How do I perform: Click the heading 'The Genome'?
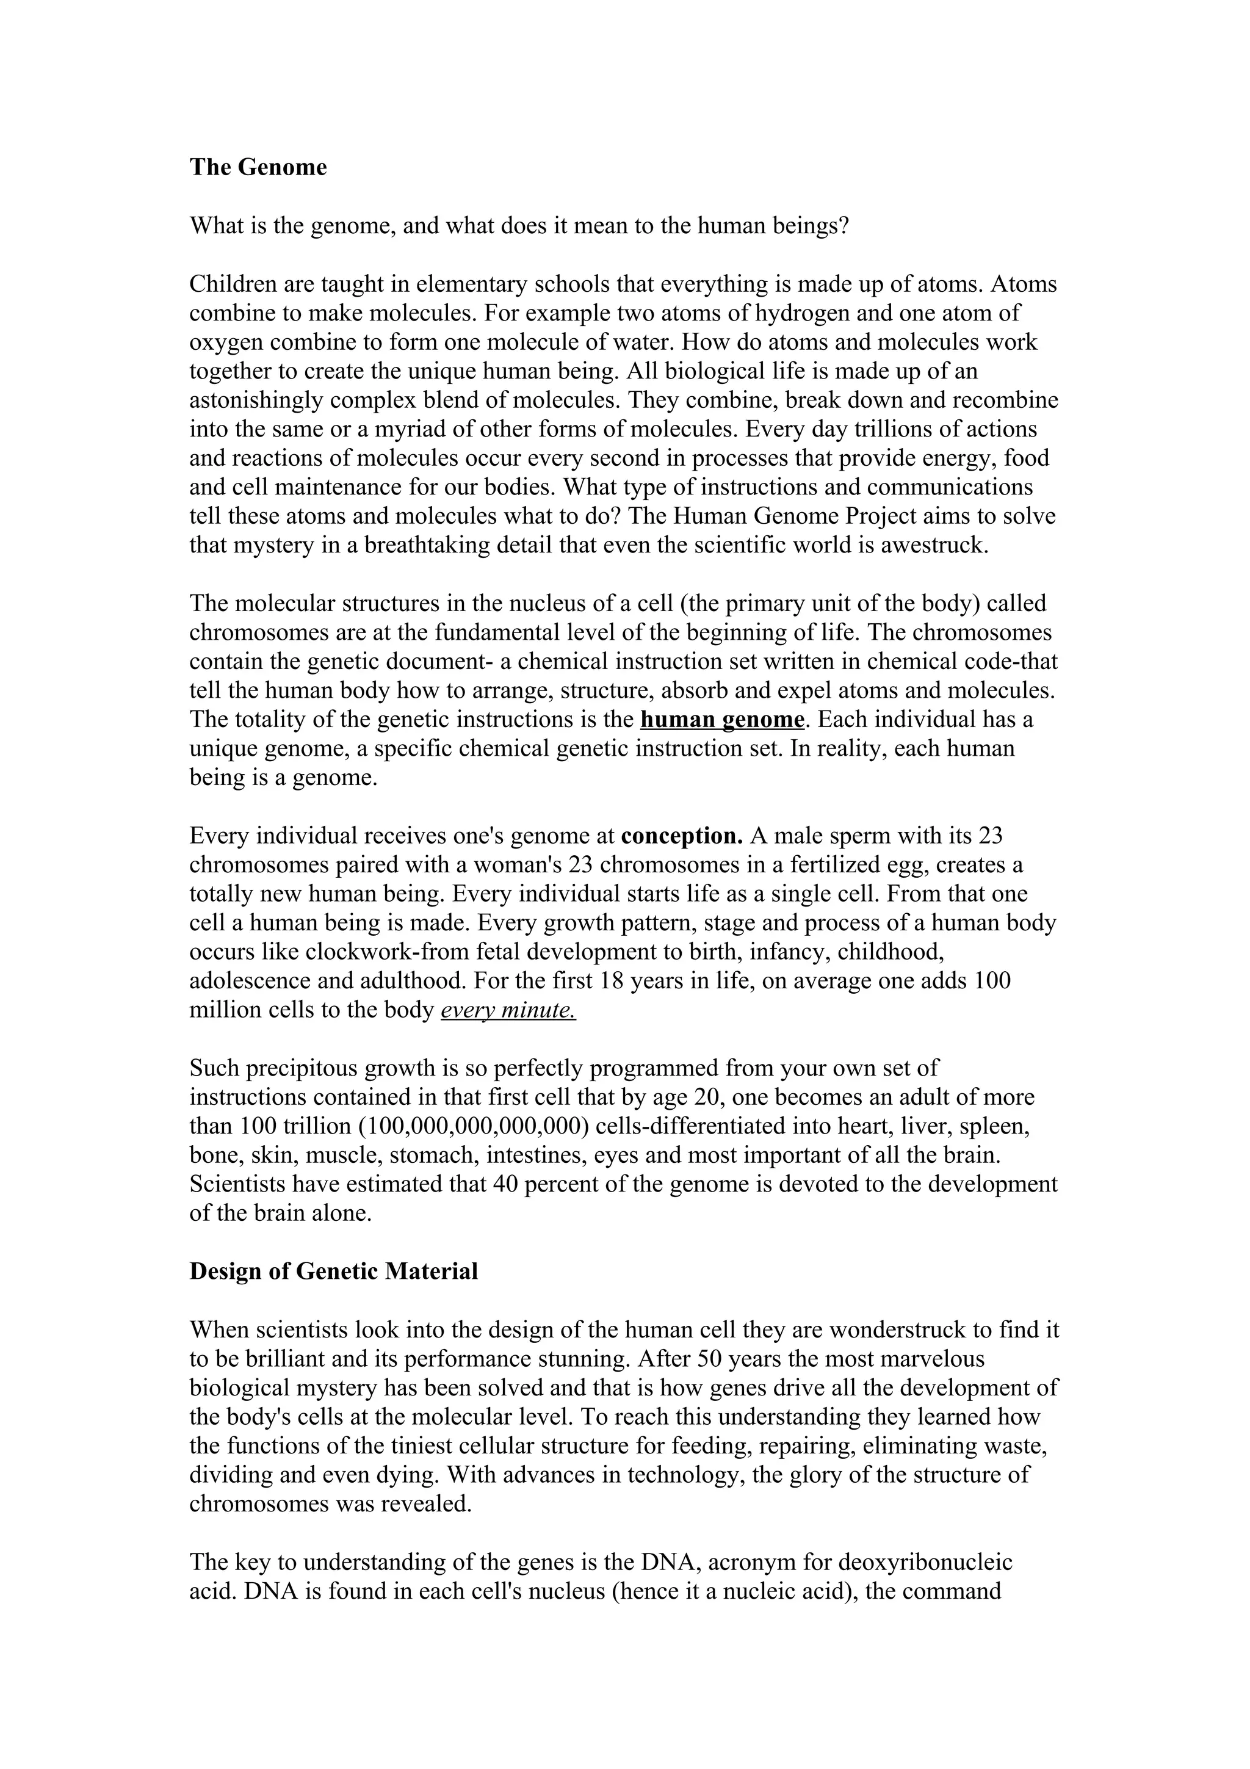tap(258, 167)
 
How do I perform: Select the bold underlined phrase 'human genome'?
tap(721, 720)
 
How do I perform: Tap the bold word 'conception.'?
tap(682, 836)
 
